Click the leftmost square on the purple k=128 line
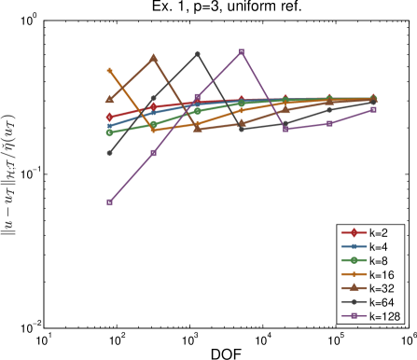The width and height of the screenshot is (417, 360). [x=109, y=202]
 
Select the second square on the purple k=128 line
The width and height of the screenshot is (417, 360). [x=153, y=153]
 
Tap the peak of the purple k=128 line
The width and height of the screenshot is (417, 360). [x=242, y=51]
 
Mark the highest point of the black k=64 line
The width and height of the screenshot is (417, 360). [x=198, y=54]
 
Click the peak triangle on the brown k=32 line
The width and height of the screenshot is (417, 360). [x=153, y=58]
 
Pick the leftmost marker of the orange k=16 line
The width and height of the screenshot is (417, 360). [x=109, y=70]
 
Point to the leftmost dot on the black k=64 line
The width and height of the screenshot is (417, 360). [x=109, y=153]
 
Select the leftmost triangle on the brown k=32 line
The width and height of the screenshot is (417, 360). [x=109, y=99]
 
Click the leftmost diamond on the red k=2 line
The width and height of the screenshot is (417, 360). [x=109, y=118]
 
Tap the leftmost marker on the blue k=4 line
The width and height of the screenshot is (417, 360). [x=109, y=126]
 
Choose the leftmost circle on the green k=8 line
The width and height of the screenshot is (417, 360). [x=109, y=132]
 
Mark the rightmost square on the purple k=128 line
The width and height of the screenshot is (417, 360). [x=374, y=109]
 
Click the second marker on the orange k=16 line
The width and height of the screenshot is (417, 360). [x=153, y=130]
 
